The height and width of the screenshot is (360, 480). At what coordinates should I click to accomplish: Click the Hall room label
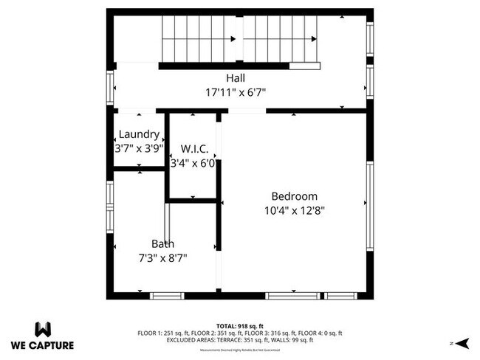[x=236, y=78]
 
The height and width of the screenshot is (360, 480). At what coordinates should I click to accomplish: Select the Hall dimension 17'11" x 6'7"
[x=236, y=92]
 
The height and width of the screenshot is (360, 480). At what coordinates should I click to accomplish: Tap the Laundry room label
[x=138, y=134]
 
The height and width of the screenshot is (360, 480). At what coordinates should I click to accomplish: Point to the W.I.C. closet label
[x=193, y=149]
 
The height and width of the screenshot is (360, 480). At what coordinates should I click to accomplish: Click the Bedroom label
[x=294, y=196]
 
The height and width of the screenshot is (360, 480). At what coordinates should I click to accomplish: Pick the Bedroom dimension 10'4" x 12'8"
[x=294, y=210]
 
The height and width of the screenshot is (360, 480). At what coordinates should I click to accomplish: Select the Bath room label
[x=163, y=244]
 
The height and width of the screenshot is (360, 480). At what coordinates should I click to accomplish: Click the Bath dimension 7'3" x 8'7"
[x=163, y=258]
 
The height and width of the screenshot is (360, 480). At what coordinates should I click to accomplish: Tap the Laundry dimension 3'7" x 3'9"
[x=138, y=148]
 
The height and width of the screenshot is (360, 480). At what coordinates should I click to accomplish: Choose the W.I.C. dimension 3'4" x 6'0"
[x=193, y=163]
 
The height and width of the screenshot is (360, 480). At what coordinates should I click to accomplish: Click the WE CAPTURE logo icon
[x=42, y=328]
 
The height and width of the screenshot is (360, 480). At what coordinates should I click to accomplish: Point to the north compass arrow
[x=462, y=343]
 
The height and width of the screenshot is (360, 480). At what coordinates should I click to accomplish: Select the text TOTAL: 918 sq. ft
[x=239, y=325]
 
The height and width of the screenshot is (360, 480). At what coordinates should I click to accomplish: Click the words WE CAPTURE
[x=42, y=345]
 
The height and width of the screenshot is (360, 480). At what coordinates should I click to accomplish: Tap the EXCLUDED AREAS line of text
[x=239, y=340]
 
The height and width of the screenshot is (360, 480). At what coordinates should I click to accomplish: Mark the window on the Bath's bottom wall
[x=167, y=296]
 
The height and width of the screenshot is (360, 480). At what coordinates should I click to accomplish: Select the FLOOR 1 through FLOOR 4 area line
[x=239, y=333]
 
